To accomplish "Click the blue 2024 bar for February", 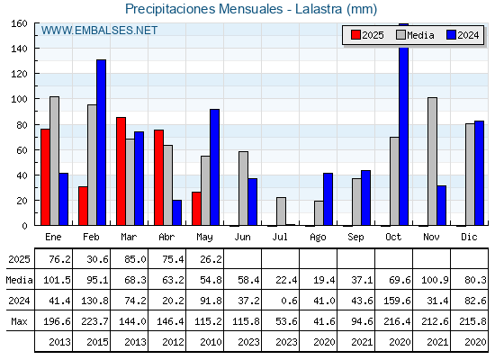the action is pos(101,142).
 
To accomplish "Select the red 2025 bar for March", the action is pos(121,171).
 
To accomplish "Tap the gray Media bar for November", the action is pos(432,161).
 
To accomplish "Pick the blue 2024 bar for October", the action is pos(404,124).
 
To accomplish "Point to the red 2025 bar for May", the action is pos(196,209).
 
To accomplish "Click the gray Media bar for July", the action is pos(281,211).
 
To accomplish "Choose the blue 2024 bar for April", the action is pos(176,212).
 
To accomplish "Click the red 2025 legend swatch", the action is pos(355,35).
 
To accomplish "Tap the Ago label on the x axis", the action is pos(318,238).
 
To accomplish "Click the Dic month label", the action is pos(469,237).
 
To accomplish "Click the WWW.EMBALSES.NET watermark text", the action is pos(99,31).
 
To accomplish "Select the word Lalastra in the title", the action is pos(319,9).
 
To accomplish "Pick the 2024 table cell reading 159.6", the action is pos(397,301).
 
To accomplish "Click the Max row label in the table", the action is pos(19,321).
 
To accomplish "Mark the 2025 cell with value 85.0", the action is pos(135,259).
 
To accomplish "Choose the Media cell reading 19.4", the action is pos(324,280).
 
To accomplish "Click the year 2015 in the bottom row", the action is pos(97,342).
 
